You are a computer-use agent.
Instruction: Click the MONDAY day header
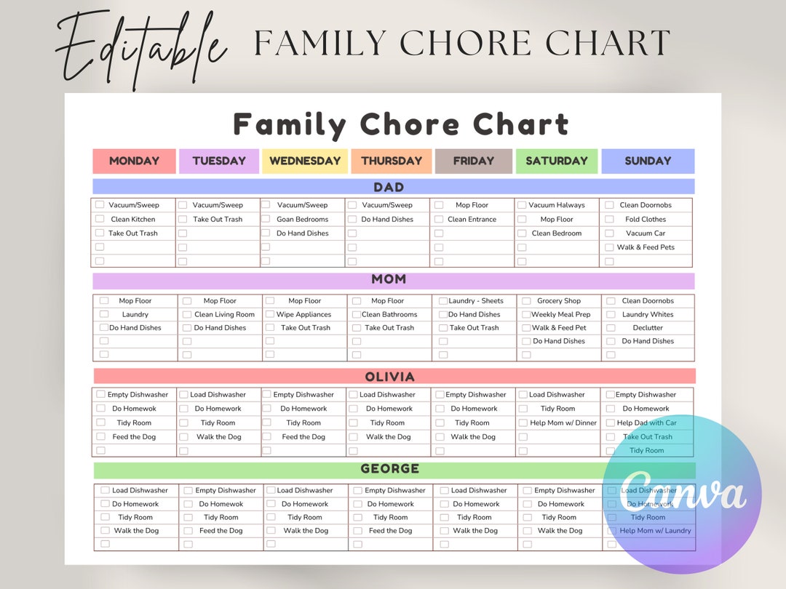tap(135, 161)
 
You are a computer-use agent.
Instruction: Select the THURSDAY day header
tap(392, 161)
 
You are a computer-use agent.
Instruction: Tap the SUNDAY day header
tap(648, 161)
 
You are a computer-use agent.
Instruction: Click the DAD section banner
tap(393, 187)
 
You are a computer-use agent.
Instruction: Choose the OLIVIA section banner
tap(394, 377)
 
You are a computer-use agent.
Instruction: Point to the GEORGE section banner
tap(394, 469)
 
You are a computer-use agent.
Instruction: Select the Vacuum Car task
tap(646, 233)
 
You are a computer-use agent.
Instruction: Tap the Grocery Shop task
tap(559, 301)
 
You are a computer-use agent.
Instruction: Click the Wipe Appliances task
tap(303, 315)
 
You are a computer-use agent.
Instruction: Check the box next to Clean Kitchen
tap(100, 219)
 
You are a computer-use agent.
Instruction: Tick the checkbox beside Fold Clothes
tap(610, 219)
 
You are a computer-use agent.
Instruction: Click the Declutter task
tap(648, 328)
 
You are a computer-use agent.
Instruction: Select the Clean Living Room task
tap(224, 315)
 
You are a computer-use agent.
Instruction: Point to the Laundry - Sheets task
tap(476, 301)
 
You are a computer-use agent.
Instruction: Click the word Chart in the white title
tap(520, 125)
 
